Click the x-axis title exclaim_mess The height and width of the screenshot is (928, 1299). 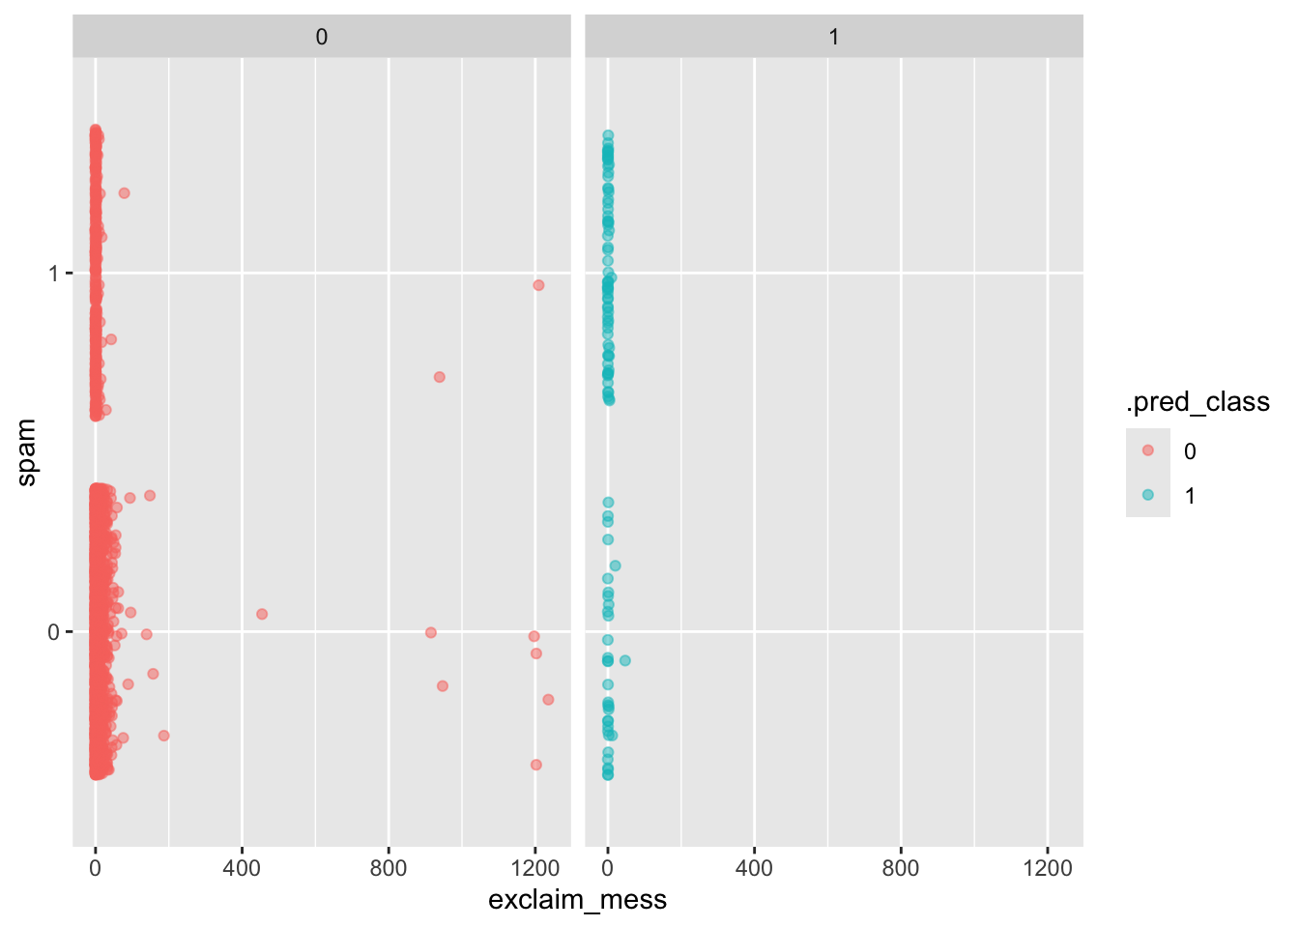point(577,900)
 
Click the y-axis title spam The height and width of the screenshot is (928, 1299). point(26,452)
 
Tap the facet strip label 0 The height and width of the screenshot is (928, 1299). point(322,37)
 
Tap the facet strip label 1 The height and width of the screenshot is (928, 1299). point(833,37)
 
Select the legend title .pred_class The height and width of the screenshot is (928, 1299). point(1198,402)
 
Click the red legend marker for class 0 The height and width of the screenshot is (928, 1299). point(1148,450)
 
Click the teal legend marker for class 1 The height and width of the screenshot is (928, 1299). point(1148,495)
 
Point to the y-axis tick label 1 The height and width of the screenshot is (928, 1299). point(54,275)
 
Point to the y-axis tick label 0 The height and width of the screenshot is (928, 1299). point(54,632)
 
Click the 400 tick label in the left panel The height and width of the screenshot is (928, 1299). point(242,868)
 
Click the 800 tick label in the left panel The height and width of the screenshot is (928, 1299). point(389,868)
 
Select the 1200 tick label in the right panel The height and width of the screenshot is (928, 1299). point(1048,868)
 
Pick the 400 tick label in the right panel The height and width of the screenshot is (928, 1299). point(754,868)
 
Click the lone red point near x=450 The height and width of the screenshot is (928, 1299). point(262,614)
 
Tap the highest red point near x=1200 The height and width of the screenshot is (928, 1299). point(538,285)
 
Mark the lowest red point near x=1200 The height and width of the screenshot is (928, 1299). point(536,765)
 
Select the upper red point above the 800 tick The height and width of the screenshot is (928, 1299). point(440,377)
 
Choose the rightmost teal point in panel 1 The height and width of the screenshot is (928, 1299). point(625,660)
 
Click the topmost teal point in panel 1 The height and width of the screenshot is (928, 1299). point(608,135)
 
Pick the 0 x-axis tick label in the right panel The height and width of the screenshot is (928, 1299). point(608,868)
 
